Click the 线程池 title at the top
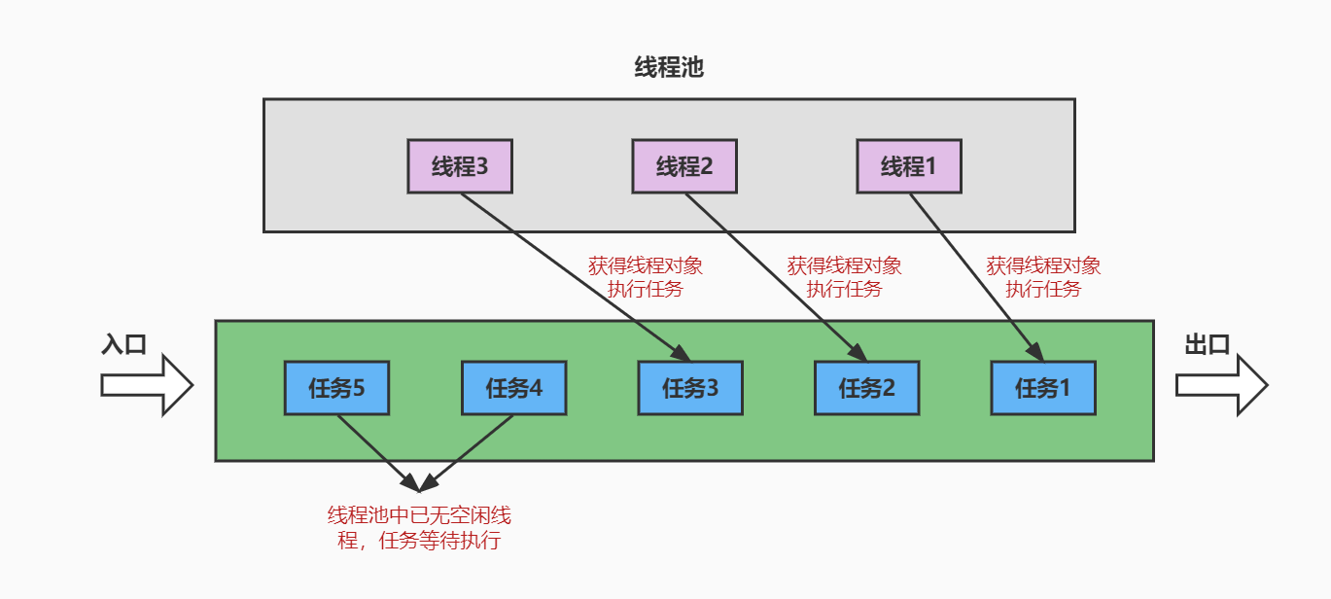[668, 67]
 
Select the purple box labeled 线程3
[460, 166]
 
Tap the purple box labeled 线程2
[684, 166]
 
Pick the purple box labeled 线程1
[909, 166]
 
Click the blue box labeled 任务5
[336, 389]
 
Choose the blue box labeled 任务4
[513, 389]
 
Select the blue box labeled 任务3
[690, 389]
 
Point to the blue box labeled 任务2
[867, 389]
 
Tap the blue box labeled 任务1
[1043, 389]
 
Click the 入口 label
[123, 345]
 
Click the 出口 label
[1208, 345]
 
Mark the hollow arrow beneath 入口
[146, 385]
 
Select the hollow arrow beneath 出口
[1220, 385]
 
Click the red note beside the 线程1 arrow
[1043, 277]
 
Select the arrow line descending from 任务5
[374, 450]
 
